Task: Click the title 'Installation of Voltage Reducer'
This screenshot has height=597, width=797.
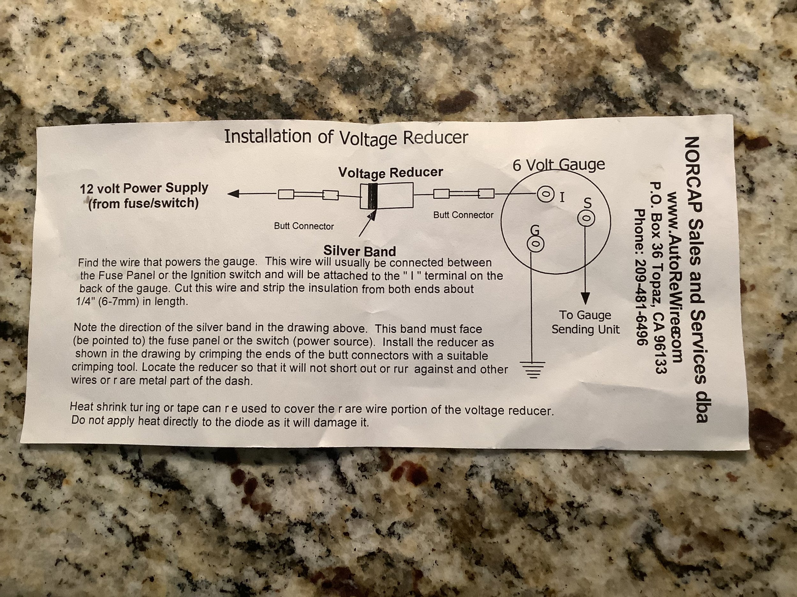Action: [346, 137]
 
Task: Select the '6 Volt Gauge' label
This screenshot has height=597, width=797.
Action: [559, 165]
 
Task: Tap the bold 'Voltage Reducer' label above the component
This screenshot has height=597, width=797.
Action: [391, 173]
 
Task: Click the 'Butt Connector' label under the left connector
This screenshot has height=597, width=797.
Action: [304, 226]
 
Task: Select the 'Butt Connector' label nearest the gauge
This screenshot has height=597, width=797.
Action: [463, 215]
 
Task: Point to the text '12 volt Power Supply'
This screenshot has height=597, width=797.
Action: [144, 188]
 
